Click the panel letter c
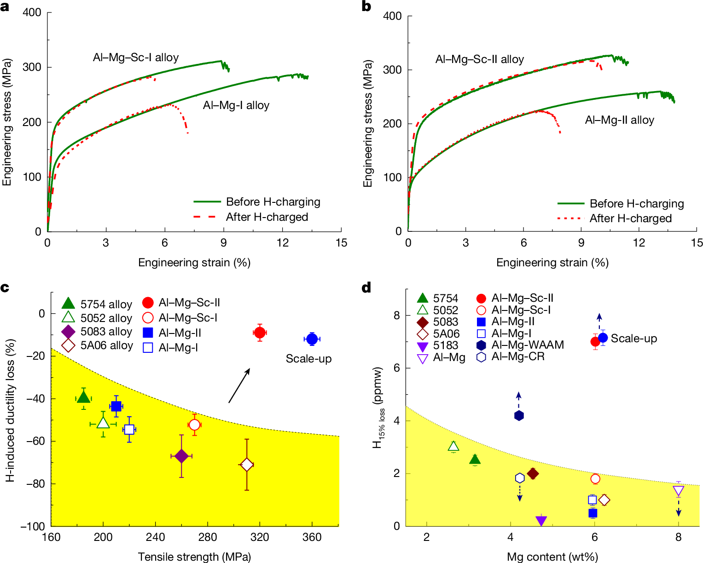tap(5, 288)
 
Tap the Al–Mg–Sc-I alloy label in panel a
tap(136, 57)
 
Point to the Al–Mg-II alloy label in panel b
tap(619, 121)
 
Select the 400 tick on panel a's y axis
tap(32, 12)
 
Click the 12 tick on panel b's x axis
tap(639, 243)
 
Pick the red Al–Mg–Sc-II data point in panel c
tap(260, 332)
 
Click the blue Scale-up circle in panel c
tap(312, 339)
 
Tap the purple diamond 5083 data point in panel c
tap(181, 456)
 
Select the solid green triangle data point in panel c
tap(83, 397)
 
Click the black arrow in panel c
tap(239, 385)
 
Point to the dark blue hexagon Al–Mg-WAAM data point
tap(519, 415)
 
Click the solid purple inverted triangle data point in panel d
tap(541, 521)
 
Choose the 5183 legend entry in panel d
tap(437, 345)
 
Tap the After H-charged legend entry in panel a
tap(251, 217)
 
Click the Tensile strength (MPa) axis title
tap(194, 557)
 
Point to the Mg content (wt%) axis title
tap(552, 557)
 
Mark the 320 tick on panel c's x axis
tap(260, 537)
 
